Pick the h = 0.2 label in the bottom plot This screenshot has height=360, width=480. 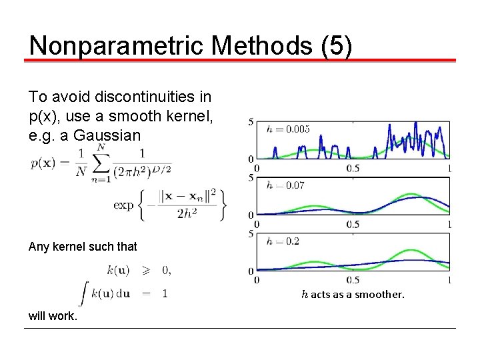[x=283, y=241]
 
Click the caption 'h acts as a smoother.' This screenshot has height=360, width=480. [x=353, y=294]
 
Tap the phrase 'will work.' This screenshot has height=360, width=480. [x=53, y=316]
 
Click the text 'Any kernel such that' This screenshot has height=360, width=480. [x=83, y=247]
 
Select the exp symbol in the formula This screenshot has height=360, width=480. [x=124, y=205]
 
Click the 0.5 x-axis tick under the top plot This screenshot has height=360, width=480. [x=353, y=168]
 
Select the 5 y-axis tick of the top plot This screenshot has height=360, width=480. [x=250, y=122]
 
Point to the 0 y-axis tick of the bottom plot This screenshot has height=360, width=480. [x=250, y=271]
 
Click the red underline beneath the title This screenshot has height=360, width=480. [x=240, y=61]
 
